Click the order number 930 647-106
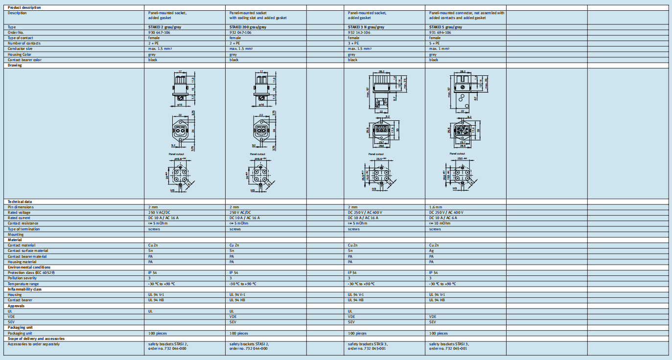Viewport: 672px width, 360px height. tap(160, 32)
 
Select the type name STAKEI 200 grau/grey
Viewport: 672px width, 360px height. tap(248, 27)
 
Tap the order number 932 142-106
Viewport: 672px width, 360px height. tap(359, 32)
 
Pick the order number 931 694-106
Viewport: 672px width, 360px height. tap(440, 32)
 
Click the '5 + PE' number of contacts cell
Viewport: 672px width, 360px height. tap(435, 43)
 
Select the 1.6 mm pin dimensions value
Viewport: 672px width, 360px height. tap(436, 207)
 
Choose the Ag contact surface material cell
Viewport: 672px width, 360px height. tap(431, 250)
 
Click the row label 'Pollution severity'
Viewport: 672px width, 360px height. tap(22, 278)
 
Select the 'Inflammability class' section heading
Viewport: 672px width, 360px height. tap(24, 289)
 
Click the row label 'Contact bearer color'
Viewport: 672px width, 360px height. tap(25, 60)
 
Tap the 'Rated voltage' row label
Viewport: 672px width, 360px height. tap(19, 212)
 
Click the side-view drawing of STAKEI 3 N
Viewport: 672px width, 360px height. tap(382, 89)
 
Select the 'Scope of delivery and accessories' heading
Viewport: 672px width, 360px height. tap(36, 338)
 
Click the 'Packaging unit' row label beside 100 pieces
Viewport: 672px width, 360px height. tap(23, 333)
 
